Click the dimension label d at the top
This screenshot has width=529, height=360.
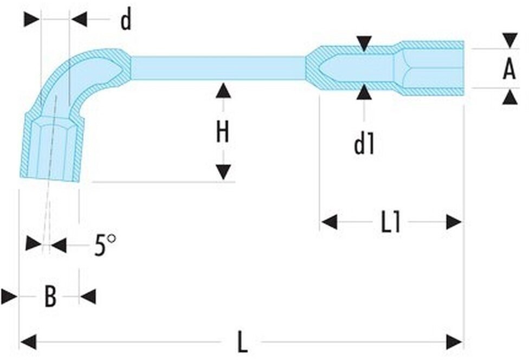126,20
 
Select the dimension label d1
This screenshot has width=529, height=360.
364,143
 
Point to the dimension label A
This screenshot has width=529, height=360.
509,68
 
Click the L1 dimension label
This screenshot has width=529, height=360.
391,222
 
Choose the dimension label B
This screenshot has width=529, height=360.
50,296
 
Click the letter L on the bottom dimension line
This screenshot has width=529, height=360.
243,342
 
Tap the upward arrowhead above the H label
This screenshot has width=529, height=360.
223,91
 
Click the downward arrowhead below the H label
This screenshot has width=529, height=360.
223,172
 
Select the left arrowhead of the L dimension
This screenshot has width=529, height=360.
28,342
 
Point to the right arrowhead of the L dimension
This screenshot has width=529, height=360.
454,342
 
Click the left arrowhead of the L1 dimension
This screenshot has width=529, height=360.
330,222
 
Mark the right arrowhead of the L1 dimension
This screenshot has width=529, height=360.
454,222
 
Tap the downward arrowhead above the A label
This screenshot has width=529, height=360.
510,41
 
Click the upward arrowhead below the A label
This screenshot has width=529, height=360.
510,96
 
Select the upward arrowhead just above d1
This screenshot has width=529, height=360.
364,92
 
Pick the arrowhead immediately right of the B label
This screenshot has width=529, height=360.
88,297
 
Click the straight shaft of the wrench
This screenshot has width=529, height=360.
218,68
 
